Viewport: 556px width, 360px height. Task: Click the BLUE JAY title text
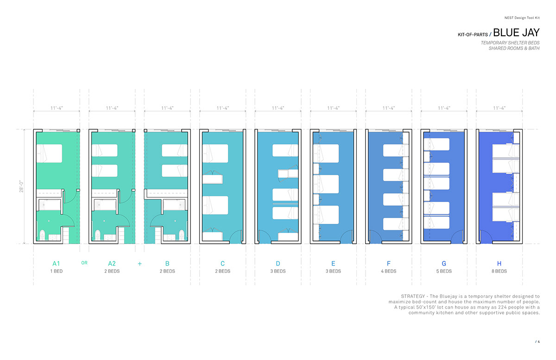point(516,32)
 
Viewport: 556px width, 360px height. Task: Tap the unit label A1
point(56,264)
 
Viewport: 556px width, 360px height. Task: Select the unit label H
point(499,264)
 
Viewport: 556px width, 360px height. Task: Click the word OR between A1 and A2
point(84,263)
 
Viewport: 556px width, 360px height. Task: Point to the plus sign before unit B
point(140,264)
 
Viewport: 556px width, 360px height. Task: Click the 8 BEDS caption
point(499,271)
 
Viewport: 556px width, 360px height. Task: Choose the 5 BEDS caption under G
point(444,271)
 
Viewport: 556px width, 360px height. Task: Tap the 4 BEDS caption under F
point(389,271)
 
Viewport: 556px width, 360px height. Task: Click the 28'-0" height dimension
point(21,186)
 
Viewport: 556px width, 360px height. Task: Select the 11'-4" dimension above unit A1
point(57,108)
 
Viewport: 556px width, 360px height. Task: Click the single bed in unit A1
point(49,153)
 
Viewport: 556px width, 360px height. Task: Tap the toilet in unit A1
point(43,235)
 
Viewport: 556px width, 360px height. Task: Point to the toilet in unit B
point(182,235)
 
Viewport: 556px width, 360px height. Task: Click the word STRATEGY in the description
point(413,296)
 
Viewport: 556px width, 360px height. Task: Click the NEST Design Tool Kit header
point(522,18)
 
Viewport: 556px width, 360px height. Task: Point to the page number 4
point(538,341)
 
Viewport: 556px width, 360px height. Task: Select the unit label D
point(278,264)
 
